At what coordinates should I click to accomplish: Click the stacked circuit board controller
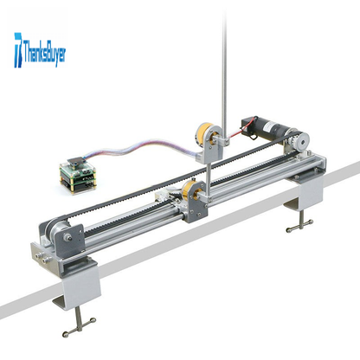(x=77, y=175)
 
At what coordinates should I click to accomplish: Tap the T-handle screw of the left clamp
(x=79, y=322)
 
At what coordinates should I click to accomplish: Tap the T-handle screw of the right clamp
(x=300, y=223)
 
